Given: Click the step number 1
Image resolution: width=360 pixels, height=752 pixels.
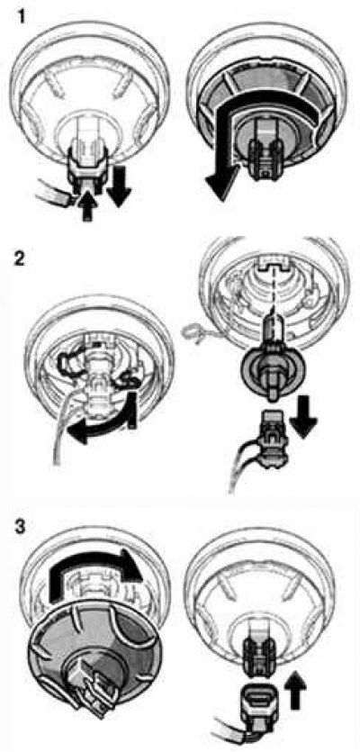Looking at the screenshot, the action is pos(21,18).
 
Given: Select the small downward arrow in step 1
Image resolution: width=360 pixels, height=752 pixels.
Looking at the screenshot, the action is pos(118,183).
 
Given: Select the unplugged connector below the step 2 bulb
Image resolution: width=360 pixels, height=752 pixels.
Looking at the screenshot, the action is pos(270,431).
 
